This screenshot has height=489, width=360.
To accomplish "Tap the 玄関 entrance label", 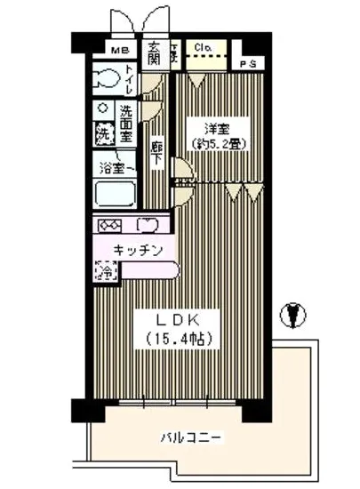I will coord(153,54).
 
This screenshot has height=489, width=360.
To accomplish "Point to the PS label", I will coord(250,64).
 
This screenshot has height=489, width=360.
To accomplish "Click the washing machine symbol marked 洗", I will coord(105,138).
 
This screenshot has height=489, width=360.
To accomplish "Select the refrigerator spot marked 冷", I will coord(105,272).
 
